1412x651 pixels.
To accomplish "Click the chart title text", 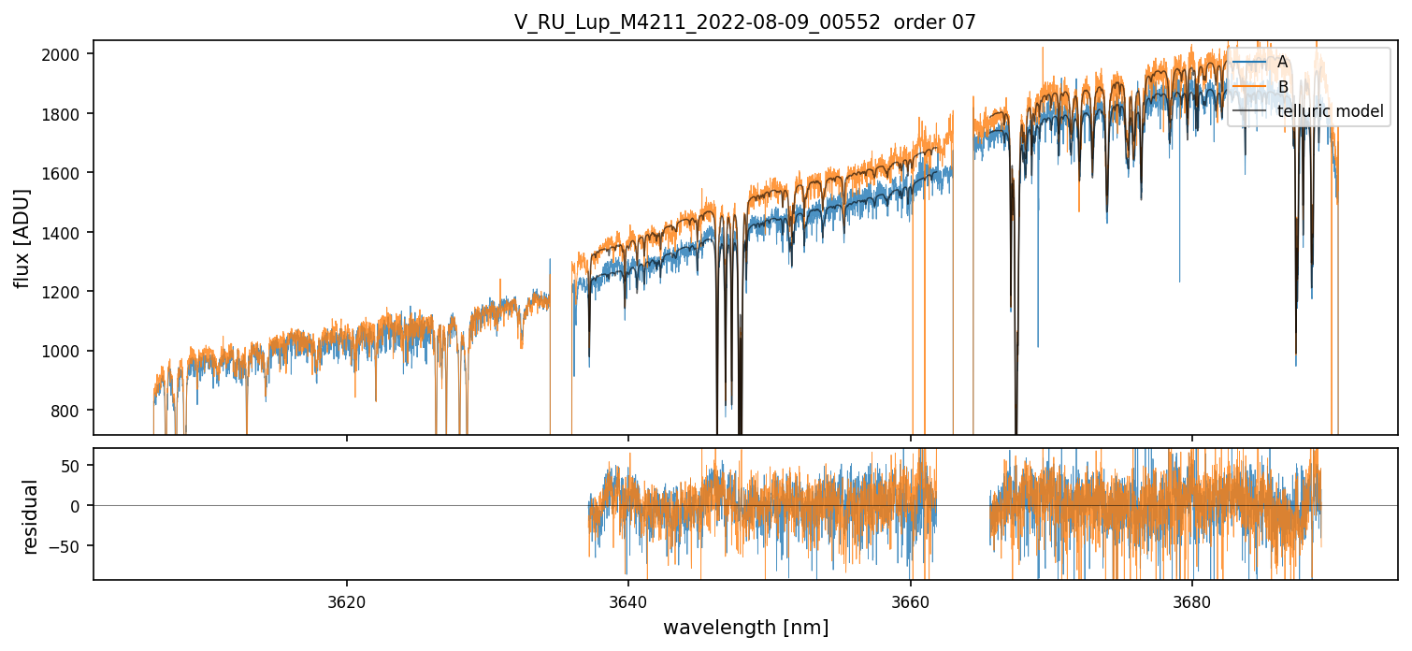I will coord(744,22).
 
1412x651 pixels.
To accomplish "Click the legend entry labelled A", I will coord(1282,62).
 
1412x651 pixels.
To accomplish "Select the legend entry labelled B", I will coord(1282,87).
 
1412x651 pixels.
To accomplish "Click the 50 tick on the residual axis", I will coord(72,465).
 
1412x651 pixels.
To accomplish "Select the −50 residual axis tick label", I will coord(67,546).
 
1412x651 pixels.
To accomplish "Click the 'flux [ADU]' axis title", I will coord(22,239).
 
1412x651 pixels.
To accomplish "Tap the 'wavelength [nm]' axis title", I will coord(745,627).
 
